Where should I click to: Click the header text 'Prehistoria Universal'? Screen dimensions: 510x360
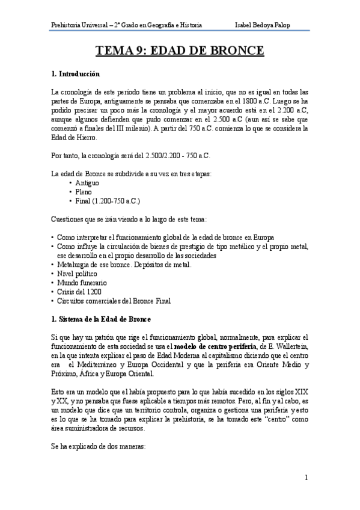click(78, 25)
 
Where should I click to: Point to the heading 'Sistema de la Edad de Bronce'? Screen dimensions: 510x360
click(105, 318)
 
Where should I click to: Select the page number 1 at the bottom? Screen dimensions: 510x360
click(306, 478)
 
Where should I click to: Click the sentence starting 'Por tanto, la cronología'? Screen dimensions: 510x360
click(130, 155)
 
